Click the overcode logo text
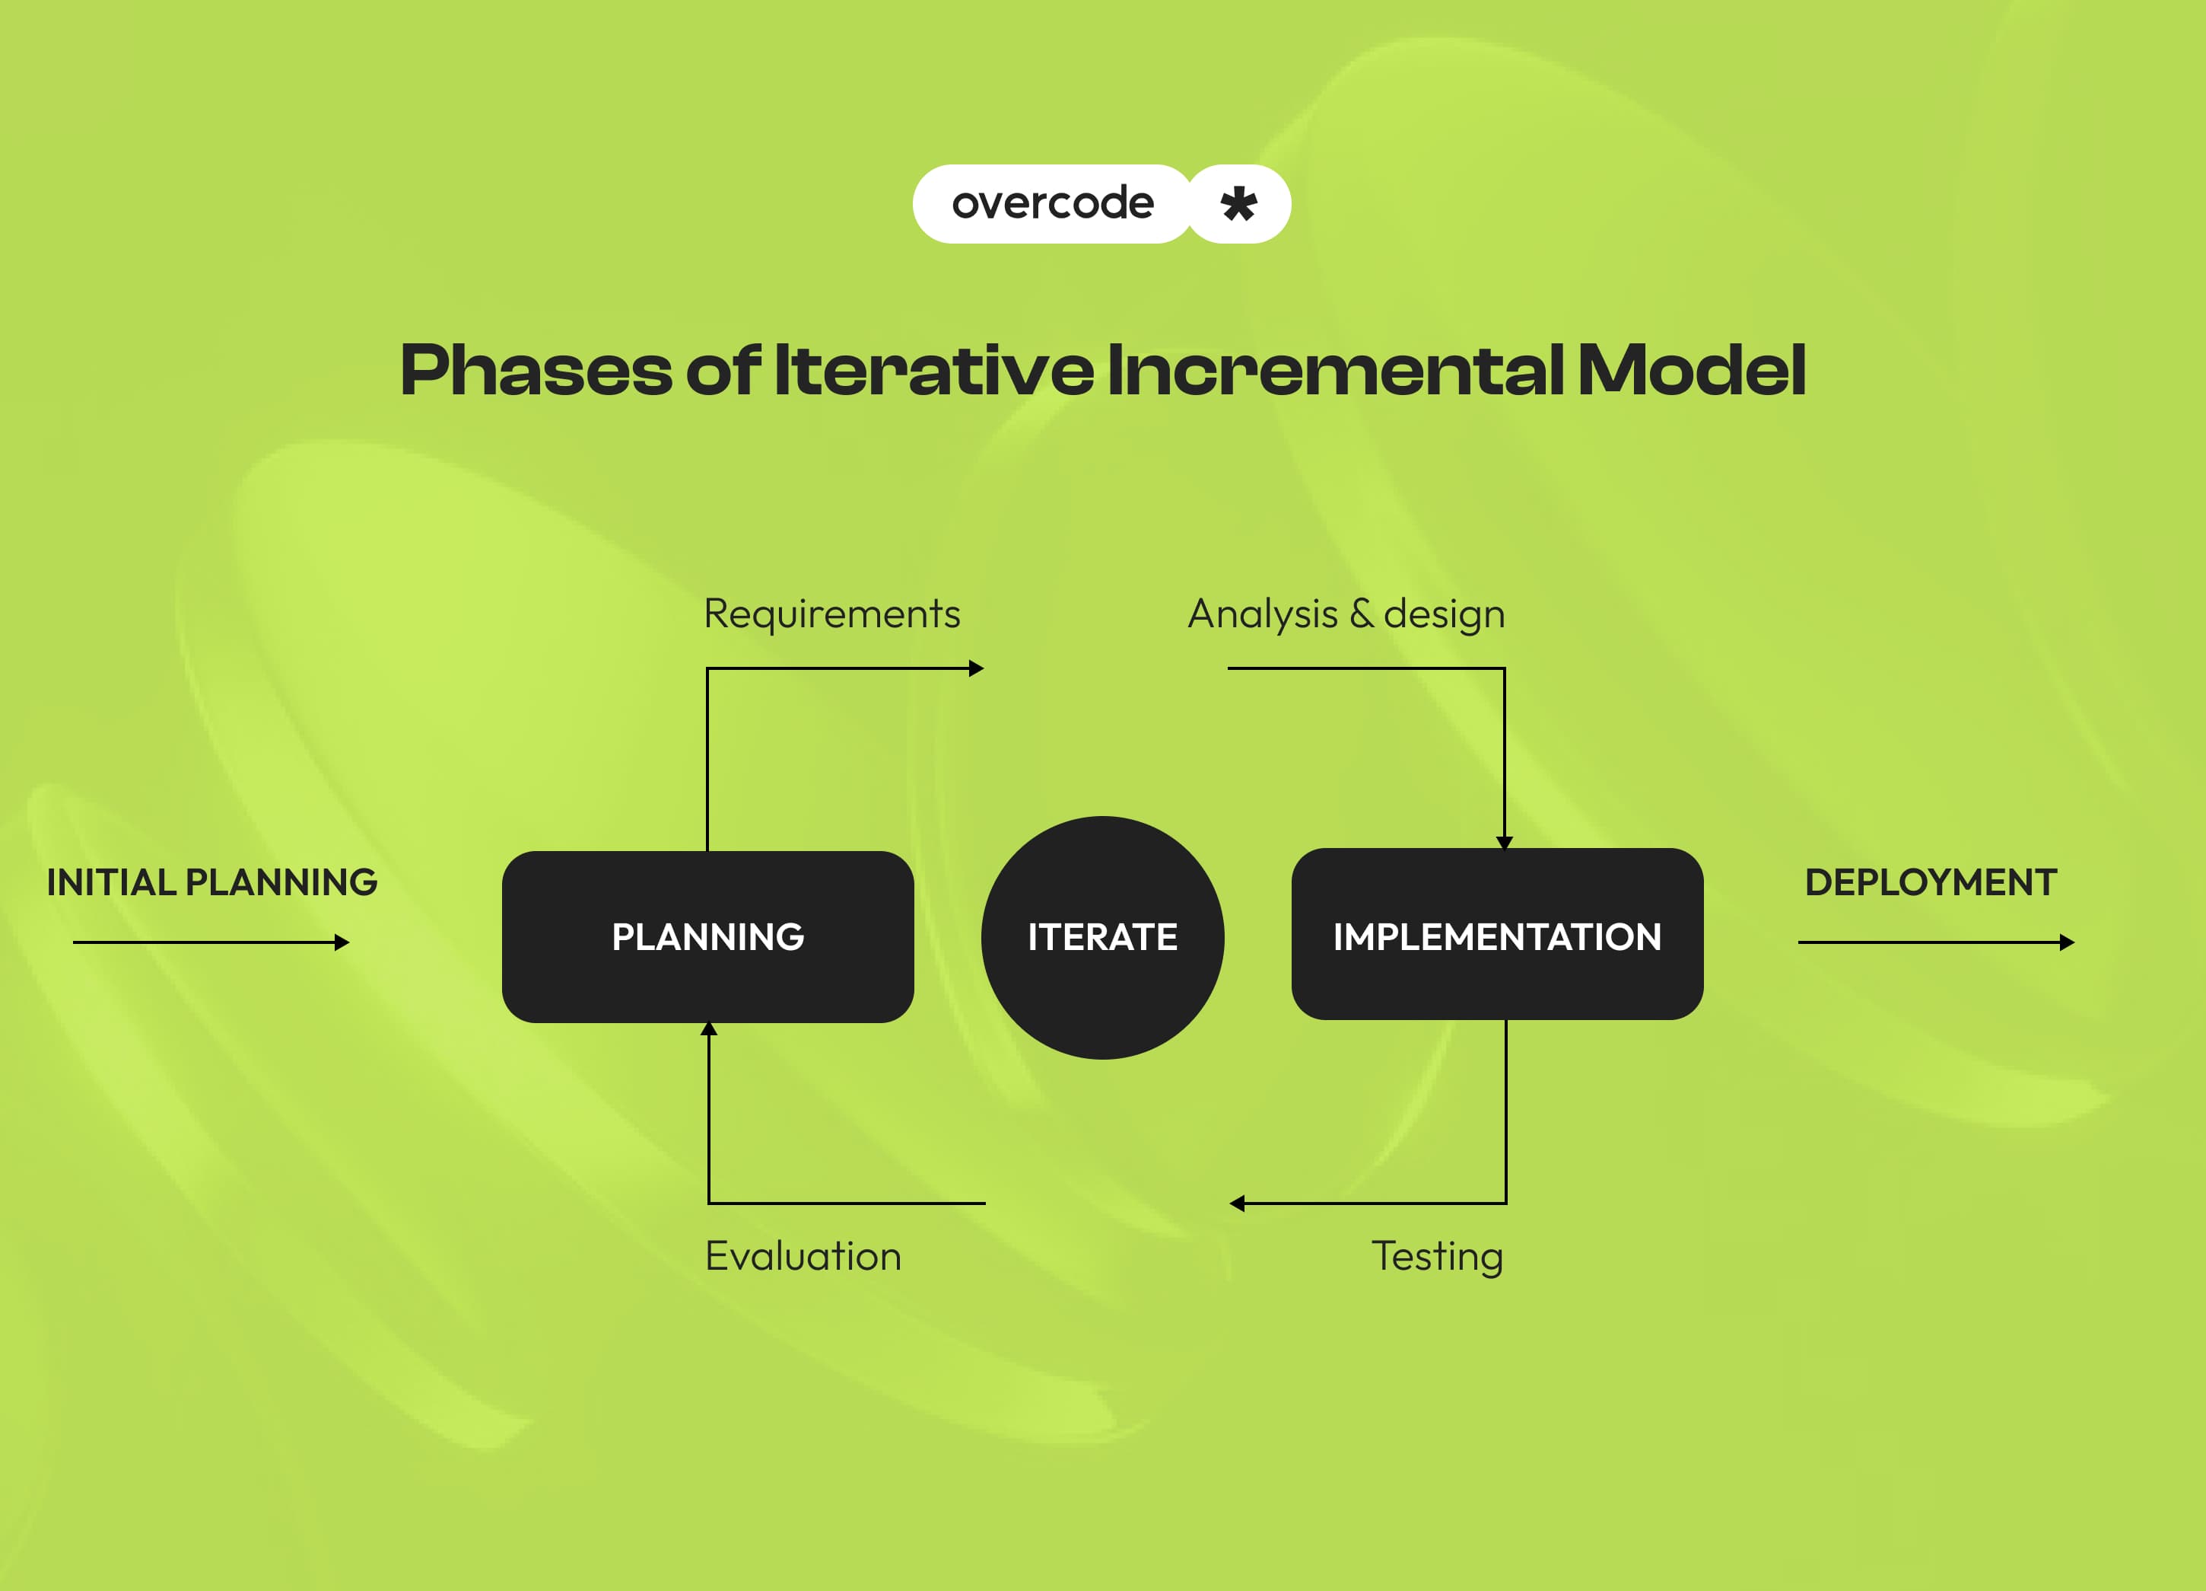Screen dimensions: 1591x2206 tap(1053, 203)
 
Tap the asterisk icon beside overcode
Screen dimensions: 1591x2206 tap(1238, 203)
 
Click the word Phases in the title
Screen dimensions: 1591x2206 tap(535, 371)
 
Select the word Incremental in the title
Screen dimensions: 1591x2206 tap(1334, 371)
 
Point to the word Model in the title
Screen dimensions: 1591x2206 tap(1690, 371)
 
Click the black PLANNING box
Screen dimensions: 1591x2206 tap(707, 936)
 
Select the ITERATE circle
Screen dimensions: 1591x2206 tap(1102, 936)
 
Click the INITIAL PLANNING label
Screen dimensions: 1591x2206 tap(212, 882)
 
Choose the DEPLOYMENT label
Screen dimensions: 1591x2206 tap(1931, 882)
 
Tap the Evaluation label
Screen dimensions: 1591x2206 tap(803, 1256)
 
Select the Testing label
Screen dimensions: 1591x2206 tap(1437, 1256)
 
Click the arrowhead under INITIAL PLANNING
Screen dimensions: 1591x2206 tap(342, 942)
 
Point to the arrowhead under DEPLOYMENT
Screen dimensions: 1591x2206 tap(2067, 942)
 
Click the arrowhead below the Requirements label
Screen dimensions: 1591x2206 tap(977, 668)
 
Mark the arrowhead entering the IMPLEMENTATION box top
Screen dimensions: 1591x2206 tap(1505, 843)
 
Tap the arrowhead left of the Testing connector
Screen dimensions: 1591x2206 tap(1237, 1204)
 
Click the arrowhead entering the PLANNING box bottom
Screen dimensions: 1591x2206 tap(709, 1028)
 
